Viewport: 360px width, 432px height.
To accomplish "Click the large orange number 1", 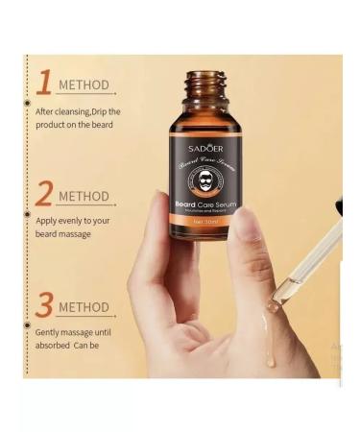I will point(42,83).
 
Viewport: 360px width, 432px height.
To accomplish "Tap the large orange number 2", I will point(43,194).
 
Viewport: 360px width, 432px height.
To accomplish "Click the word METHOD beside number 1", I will point(84,84).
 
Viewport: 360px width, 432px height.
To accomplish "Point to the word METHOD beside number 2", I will point(84,197).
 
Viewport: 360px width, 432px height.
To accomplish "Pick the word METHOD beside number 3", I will point(84,307).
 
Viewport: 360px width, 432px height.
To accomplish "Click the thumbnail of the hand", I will point(249,223).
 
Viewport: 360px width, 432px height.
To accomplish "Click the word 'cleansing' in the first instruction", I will point(76,112).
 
